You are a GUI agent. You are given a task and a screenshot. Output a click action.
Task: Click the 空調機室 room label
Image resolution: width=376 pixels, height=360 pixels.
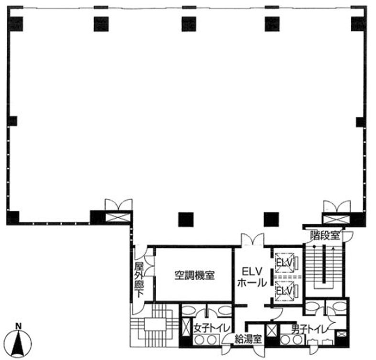point(194,275)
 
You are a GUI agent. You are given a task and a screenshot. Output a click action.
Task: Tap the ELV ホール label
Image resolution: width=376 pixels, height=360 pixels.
point(252,277)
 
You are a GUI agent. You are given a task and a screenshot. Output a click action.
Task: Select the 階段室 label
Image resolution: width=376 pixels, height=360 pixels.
point(325,235)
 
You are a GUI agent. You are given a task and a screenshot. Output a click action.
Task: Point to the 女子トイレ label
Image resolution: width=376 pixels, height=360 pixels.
point(212,328)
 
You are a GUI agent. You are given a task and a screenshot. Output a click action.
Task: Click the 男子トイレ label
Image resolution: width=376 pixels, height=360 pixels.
point(309,329)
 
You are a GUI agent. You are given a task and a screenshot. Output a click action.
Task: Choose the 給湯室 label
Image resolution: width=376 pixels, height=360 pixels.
point(247,339)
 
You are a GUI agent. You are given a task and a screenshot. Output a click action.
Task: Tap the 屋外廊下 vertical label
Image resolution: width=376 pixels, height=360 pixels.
point(139,280)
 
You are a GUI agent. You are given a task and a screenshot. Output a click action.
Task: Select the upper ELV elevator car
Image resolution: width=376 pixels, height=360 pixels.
point(285,263)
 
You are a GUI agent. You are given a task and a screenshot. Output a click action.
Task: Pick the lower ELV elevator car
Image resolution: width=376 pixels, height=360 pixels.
point(285,290)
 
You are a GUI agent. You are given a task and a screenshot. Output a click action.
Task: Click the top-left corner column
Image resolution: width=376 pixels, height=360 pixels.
point(16,24)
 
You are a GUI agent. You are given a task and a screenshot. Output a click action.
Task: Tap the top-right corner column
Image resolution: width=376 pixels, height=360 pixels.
point(358,24)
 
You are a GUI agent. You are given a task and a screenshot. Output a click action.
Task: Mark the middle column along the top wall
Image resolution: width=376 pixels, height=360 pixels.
point(189,24)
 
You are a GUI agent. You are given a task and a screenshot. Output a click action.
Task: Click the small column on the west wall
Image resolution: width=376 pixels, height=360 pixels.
point(12,121)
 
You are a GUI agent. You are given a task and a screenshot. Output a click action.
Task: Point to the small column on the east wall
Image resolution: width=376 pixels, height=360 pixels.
point(360,122)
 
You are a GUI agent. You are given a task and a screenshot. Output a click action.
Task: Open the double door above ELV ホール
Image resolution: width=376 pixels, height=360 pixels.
point(253,240)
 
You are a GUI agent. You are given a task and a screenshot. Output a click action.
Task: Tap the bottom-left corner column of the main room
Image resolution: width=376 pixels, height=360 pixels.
point(13,218)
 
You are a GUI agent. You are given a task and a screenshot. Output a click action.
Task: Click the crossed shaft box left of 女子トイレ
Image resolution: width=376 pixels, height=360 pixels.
point(186,327)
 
